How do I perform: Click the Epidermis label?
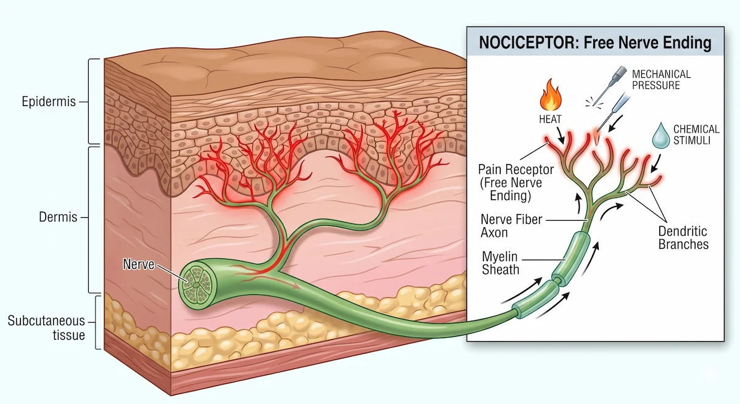pos(49,101)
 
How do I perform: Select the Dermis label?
pos(58,217)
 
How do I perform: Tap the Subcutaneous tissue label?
pos(46,328)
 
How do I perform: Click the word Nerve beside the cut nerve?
pos(138,264)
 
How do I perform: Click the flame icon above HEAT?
pos(550,94)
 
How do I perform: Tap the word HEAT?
pos(550,119)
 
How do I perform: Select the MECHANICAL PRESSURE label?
pos(661,80)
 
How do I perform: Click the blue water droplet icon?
pos(660,136)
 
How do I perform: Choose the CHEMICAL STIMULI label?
pos(696,134)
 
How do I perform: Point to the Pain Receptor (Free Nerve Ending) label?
pos(516,183)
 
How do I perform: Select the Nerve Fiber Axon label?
pos(511,226)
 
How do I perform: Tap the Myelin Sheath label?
pos(500,263)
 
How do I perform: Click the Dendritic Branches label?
pos(683,238)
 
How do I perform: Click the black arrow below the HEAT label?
pos(560,136)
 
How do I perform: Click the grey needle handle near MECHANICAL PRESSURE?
pos(619,73)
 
